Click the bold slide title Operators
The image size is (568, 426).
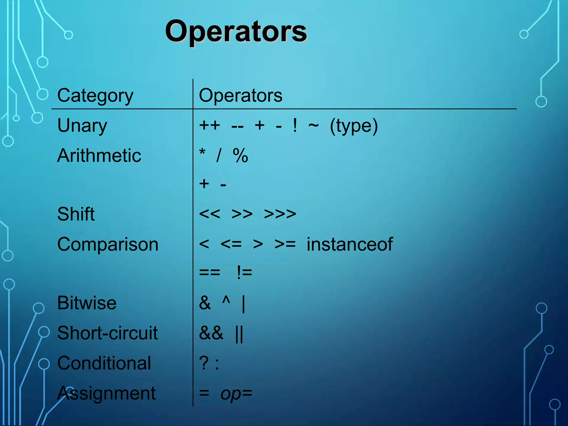[236, 31]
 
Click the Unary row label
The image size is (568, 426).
[82, 126]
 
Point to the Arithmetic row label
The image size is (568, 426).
[99, 155]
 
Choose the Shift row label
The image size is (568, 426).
[76, 214]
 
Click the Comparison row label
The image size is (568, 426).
[108, 244]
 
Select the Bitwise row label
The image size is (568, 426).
[87, 303]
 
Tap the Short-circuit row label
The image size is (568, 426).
[107, 333]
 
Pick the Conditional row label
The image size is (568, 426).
[104, 363]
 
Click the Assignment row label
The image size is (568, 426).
[106, 393]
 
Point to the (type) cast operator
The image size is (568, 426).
[354, 126]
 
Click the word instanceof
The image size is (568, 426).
[350, 244]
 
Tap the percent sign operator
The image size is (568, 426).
[240, 155]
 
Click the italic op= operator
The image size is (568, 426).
[236, 394]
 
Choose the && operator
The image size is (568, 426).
[211, 333]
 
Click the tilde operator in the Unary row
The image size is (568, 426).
[313, 125]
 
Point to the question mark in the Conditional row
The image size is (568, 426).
[204, 363]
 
